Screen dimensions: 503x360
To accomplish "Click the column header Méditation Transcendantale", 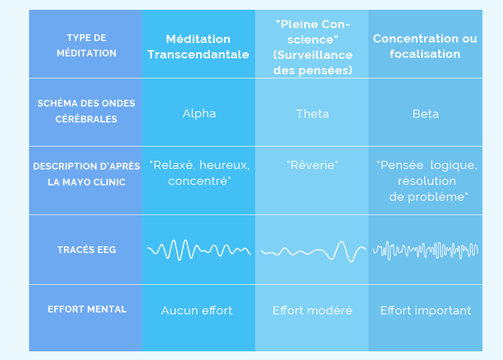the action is tap(198, 47).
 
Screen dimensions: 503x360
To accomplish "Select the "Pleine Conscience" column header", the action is tap(313, 47).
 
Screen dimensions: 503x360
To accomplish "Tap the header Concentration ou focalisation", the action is tap(425, 46).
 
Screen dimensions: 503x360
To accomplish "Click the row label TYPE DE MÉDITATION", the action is tap(87, 45).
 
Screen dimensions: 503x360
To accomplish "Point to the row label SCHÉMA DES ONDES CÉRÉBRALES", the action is tap(86, 111).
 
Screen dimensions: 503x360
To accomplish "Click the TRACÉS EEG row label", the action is tap(87, 250).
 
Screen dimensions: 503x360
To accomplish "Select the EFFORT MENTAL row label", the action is tap(87, 309).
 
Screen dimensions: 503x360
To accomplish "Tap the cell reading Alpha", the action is tap(199, 114).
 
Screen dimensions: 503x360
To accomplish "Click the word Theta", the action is tap(312, 114).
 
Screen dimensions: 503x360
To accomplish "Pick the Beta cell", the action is tap(425, 114).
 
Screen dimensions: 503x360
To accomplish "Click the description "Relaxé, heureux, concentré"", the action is tap(200, 173).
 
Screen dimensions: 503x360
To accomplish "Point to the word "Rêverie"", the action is tap(312, 165).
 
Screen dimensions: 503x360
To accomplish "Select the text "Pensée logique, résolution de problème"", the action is tap(427, 181).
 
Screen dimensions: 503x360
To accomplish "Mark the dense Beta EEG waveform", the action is tap(425, 250).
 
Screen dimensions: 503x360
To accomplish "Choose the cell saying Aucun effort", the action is tap(197, 310).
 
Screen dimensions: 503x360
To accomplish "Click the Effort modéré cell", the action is tap(312, 310).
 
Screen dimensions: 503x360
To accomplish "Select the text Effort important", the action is tap(426, 311).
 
